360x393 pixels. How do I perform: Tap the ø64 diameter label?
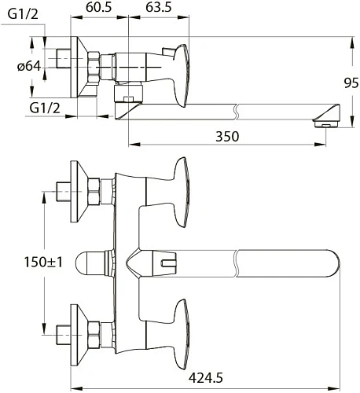[x=29, y=66]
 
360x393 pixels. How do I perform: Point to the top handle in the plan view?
[x=182, y=186]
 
